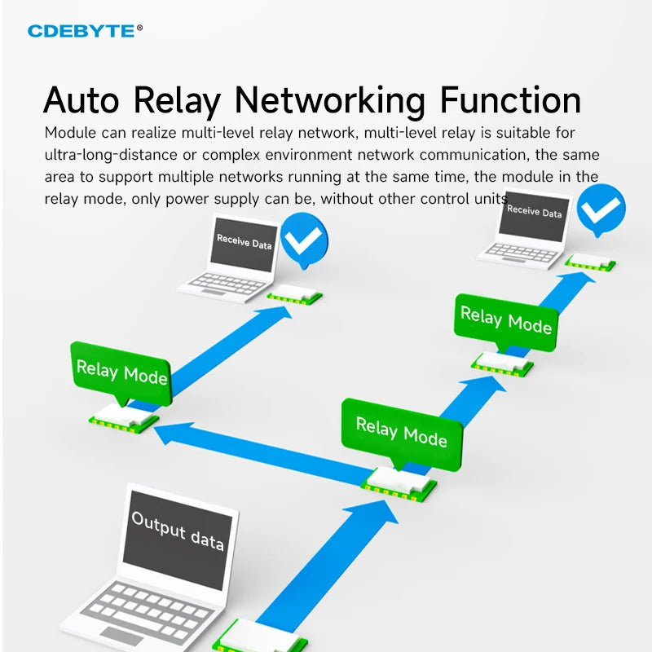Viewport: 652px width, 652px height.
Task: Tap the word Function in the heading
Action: pyautogui.click(x=510, y=101)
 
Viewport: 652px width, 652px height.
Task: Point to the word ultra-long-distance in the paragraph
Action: pyautogui.click(x=118, y=154)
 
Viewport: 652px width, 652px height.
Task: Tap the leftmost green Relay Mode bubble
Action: pyautogui.click(x=121, y=373)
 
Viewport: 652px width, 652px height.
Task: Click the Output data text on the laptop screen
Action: pyautogui.click(x=177, y=530)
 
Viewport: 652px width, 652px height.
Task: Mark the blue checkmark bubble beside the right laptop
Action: pyautogui.click(x=601, y=209)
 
